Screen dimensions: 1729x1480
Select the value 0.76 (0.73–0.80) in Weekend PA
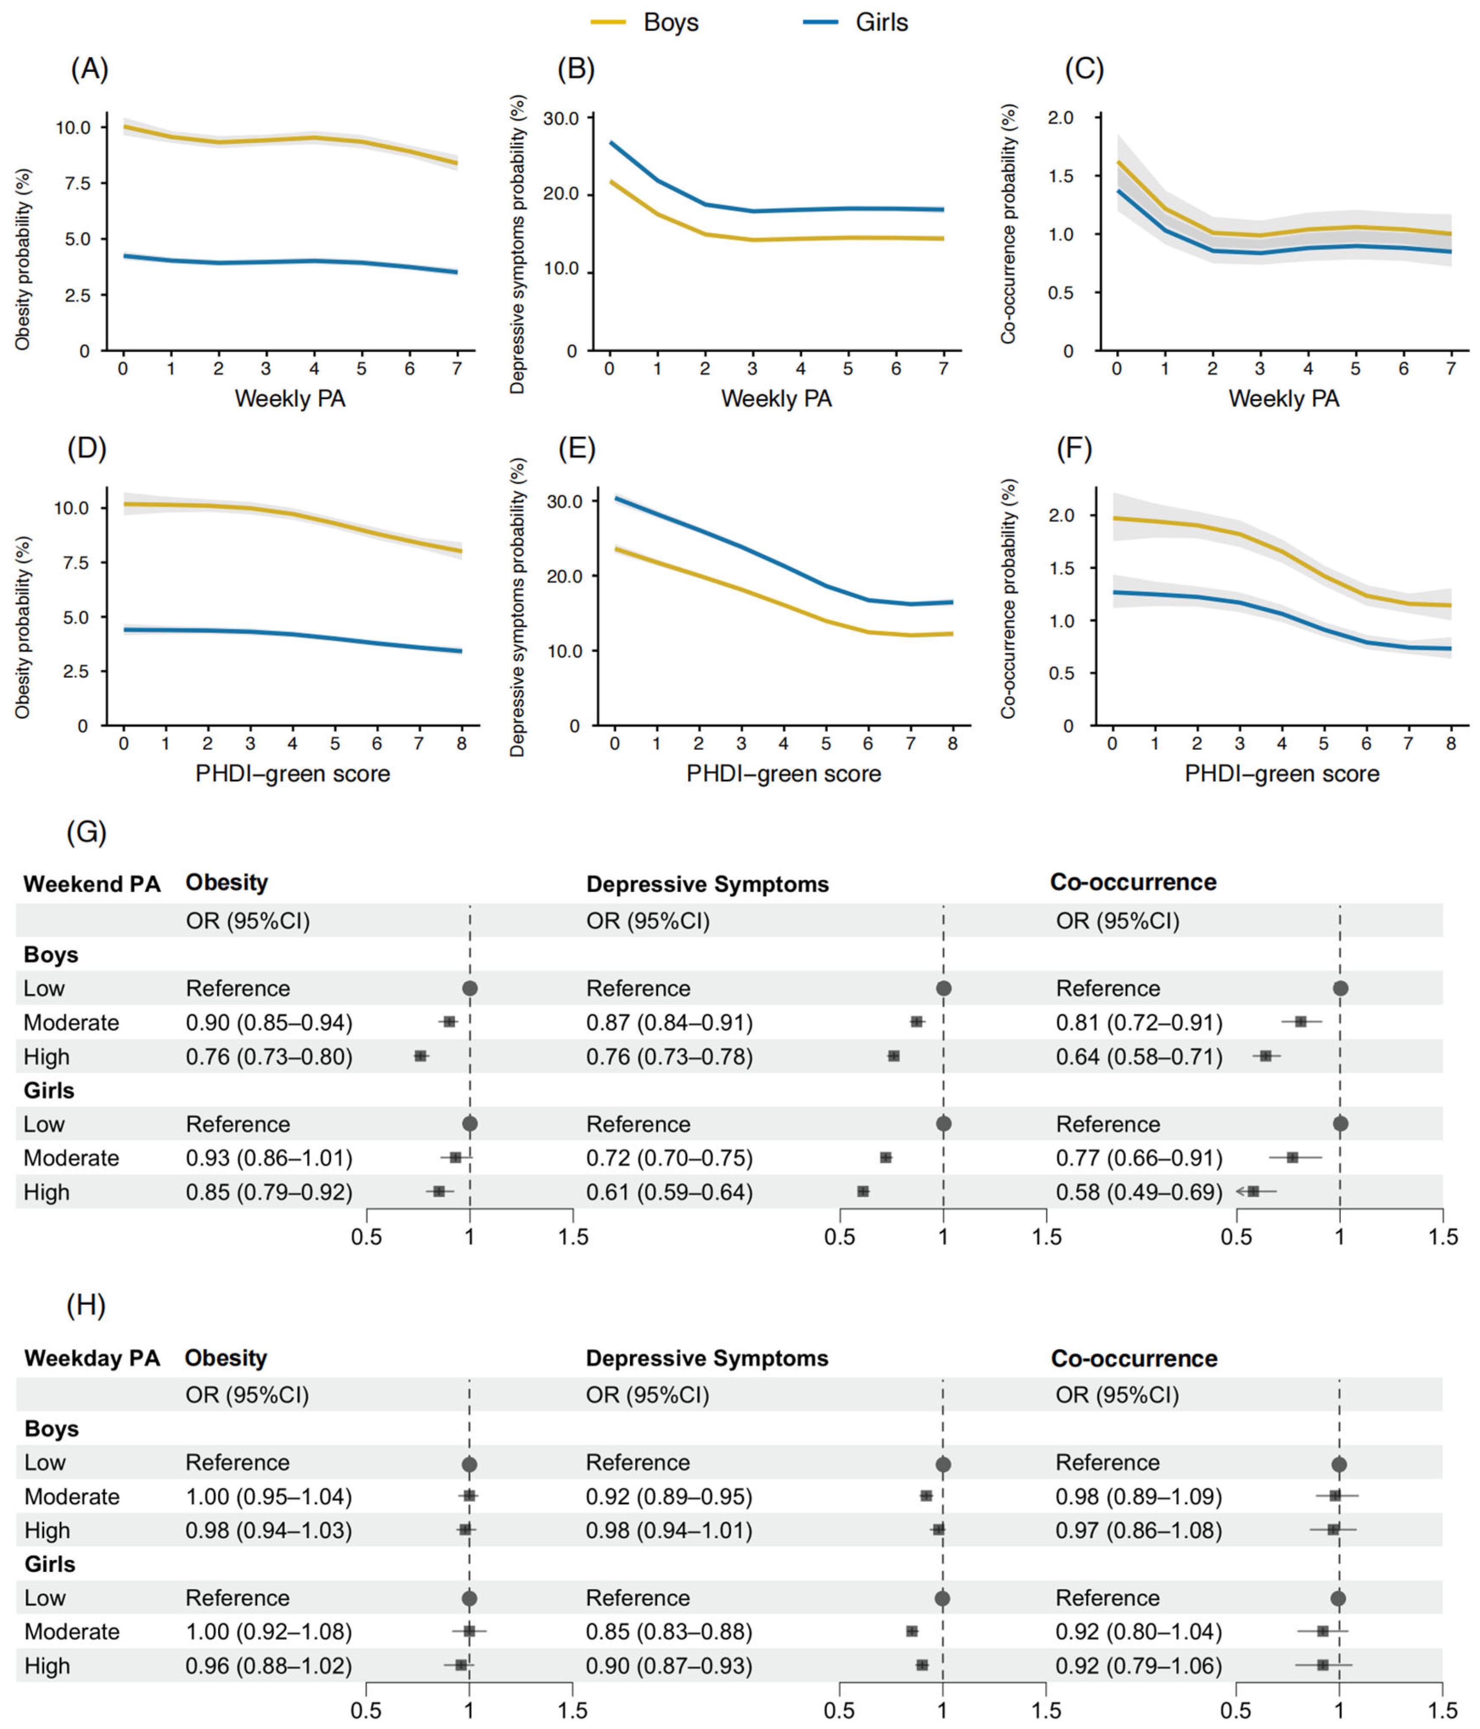[269, 1057]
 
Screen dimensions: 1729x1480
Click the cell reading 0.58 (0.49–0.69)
[1139, 1192]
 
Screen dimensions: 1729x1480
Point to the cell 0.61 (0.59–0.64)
[669, 1192]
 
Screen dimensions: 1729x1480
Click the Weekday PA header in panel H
[92, 1358]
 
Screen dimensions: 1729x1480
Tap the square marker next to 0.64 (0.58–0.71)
[1266, 1056]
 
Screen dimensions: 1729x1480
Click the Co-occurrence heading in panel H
[1134, 1358]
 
